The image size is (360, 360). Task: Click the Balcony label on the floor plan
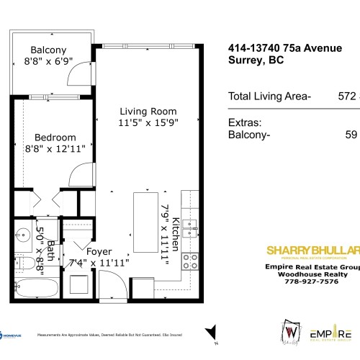click(x=49, y=50)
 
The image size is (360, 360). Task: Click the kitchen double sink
click(x=189, y=230)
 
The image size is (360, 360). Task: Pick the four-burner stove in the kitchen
click(x=191, y=261)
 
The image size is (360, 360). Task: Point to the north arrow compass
click(x=211, y=333)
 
